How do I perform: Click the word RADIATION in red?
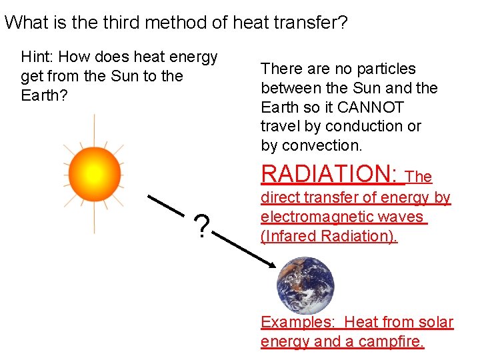pyautogui.click(x=329, y=173)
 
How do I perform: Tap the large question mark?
pyautogui.click(x=201, y=227)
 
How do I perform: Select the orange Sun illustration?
pyautogui.click(x=94, y=173)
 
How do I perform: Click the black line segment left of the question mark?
pyautogui.click(x=165, y=205)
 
